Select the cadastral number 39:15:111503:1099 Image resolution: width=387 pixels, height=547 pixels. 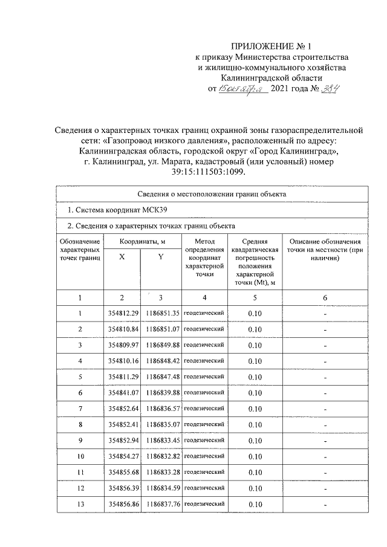[193, 172]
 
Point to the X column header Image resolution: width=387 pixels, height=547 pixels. [122, 257]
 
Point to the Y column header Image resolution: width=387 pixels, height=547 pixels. [160, 257]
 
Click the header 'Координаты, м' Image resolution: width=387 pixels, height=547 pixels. [141, 241]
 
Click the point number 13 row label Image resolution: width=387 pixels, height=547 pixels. [80, 504]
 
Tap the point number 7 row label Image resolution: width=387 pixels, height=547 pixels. [80, 409]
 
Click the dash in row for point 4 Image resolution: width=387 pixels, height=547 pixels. [325, 361]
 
